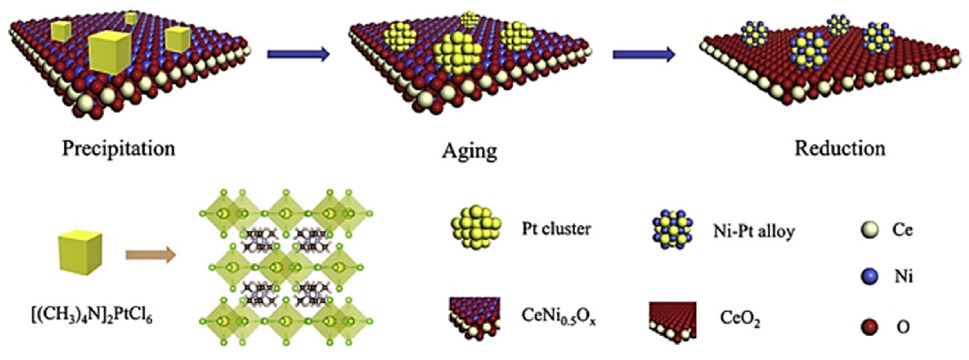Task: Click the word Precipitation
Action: click(118, 149)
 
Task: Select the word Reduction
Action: click(840, 149)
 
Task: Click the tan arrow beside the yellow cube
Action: click(151, 255)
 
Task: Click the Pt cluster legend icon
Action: click(476, 228)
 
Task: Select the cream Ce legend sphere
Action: click(870, 229)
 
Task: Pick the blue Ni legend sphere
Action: click(870, 276)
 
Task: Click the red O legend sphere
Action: click(870, 327)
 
